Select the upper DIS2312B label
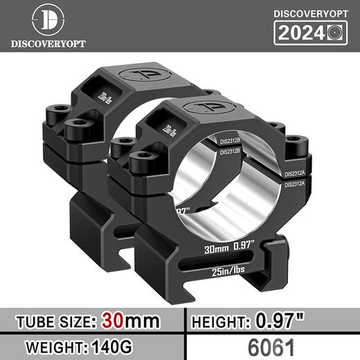pos(231,141)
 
